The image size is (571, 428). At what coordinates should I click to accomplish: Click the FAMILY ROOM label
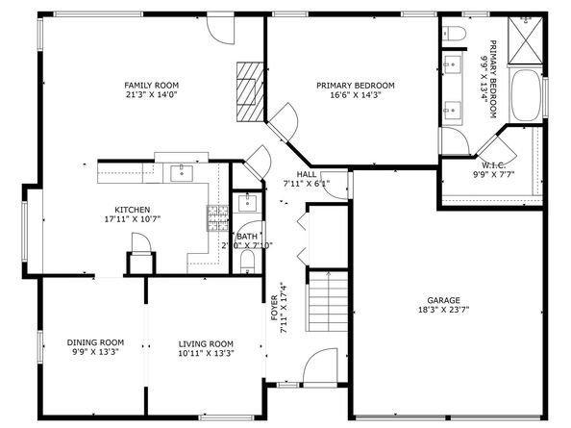(151, 85)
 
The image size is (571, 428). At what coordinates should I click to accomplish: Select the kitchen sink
(181, 173)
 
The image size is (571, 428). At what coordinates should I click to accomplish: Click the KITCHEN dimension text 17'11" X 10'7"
(133, 220)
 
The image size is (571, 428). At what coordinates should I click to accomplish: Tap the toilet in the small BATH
(248, 261)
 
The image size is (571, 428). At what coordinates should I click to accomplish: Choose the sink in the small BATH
(247, 203)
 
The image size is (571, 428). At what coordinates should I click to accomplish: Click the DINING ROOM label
(95, 341)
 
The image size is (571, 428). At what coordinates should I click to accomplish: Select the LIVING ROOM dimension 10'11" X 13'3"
(206, 353)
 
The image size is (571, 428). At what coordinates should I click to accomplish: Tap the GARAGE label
(443, 299)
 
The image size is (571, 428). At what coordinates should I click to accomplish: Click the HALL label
(307, 174)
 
